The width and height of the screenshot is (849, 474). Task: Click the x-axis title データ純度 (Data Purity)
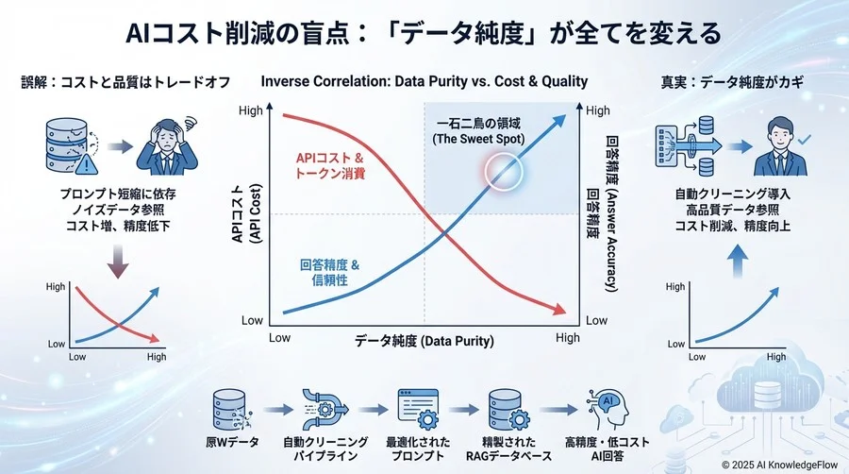click(424, 340)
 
